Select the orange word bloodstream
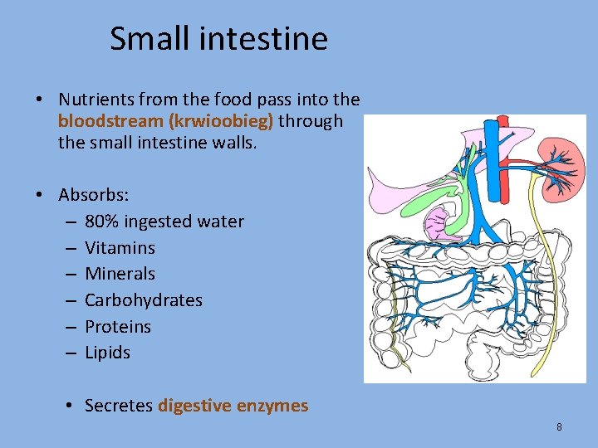click(110, 121)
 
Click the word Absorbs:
click(93, 195)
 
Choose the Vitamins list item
click(120, 248)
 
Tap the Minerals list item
click(120, 274)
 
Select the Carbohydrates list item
click(143, 300)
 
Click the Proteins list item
click(118, 326)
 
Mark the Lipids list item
click(107, 353)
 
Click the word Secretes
click(120, 406)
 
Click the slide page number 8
click(559, 427)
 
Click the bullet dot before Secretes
click(72, 407)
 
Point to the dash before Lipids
click(70, 353)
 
